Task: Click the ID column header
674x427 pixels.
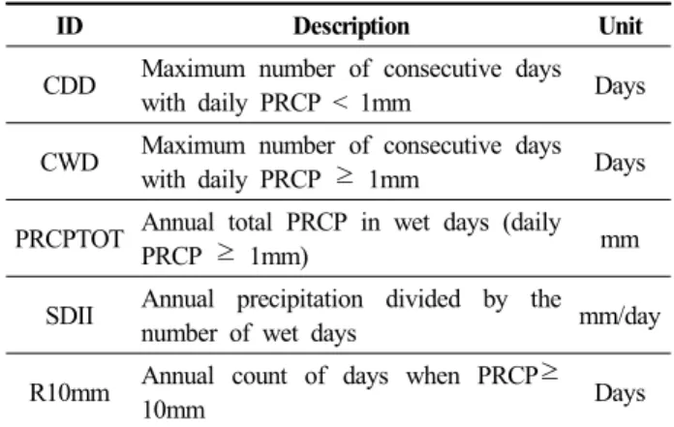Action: [x=70, y=26]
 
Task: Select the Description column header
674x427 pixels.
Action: [x=352, y=27]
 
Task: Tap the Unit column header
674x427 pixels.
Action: [x=621, y=26]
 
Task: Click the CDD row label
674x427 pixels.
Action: [x=69, y=85]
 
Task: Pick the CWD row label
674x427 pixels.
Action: [x=69, y=163]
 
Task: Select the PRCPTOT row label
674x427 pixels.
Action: [x=70, y=239]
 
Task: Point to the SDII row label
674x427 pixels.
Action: [x=69, y=316]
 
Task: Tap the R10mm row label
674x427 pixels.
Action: [x=69, y=393]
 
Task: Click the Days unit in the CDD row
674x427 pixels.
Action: [x=620, y=87]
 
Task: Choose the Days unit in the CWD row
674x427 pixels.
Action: [x=620, y=164]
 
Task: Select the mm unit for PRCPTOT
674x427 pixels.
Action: [x=620, y=240]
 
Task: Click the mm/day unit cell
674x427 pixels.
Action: [x=620, y=317]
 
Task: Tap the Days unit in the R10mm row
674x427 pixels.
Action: [x=620, y=394]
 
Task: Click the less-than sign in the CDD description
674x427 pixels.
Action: [x=341, y=103]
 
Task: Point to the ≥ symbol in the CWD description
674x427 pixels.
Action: [x=345, y=177]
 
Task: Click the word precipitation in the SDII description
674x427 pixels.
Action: [x=300, y=300]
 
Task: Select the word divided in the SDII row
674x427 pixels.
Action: [x=423, y=299]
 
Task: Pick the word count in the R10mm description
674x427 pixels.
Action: [x=260, y=377]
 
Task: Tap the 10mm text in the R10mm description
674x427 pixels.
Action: [x=173, y=411]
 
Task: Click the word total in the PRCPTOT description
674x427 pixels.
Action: [x=250, y=223]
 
